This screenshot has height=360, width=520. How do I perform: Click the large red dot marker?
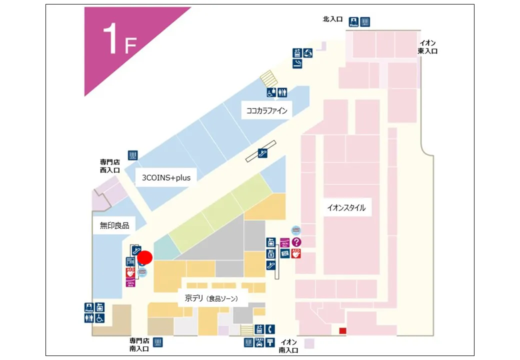coord(145,257)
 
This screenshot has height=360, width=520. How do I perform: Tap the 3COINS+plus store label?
coord(166,177)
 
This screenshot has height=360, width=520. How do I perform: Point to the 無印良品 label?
coord(114,225)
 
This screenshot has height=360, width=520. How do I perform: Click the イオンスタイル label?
coord(346,208)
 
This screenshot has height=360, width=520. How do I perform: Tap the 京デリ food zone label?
coord(208,298)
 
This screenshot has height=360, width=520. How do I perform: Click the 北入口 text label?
coord(332,19)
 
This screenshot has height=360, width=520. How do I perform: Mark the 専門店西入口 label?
coord(110,165)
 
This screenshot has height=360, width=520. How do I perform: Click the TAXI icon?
coord(259,342)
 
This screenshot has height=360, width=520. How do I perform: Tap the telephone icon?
coord(270,329)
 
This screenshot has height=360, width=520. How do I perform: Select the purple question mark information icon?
coord(296,242)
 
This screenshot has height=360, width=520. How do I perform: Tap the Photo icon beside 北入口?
coord(354,22)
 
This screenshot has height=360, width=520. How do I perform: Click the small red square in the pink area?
coord(342,330)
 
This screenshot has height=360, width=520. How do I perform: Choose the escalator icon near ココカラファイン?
coord(262,153)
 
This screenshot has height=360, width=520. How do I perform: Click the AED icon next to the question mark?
coord(296,253)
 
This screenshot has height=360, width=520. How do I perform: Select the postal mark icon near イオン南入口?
coord(270,342)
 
